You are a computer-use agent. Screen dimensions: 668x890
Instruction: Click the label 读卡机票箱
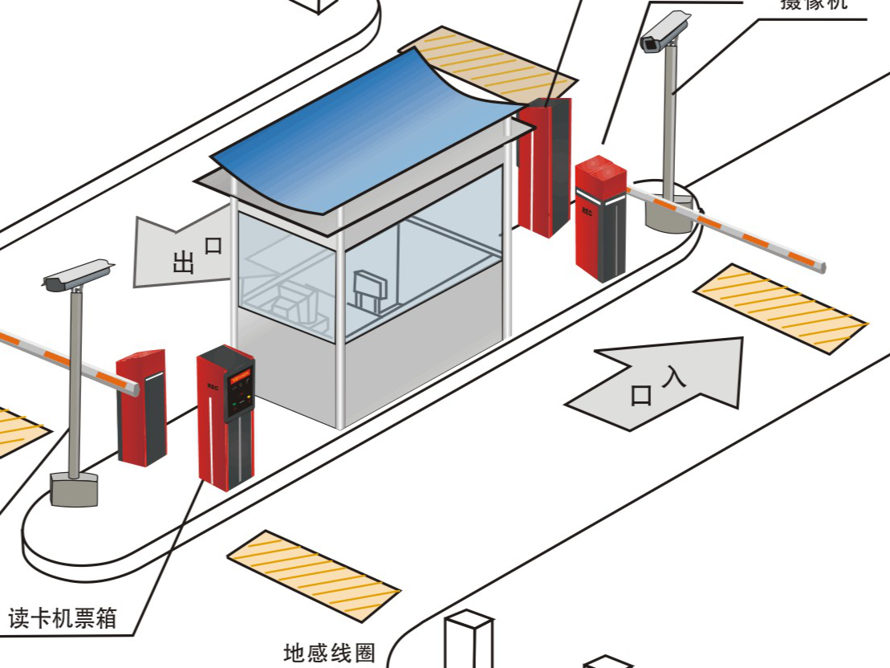coord(63,617)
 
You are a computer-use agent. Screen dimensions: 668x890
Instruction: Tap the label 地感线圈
coord(329,652)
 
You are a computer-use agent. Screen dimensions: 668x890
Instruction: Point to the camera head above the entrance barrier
coord(664,33)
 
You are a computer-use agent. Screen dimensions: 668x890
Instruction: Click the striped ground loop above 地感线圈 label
coord(313,575)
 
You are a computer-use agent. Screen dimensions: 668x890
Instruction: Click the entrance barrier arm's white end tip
coord(818,264)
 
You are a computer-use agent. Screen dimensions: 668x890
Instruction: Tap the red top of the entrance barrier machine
coord(600,170)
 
